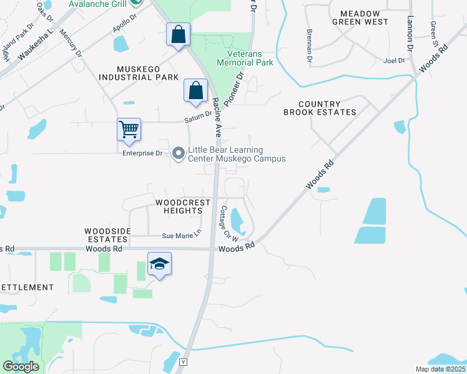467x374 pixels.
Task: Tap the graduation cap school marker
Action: [x=159, y=264]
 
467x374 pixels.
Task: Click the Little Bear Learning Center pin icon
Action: [x=179, y=153]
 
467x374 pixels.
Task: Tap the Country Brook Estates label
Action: [x=320, y=108]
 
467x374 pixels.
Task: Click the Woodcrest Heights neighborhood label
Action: [x=179, y=207]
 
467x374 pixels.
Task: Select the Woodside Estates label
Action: [x=108, y=235]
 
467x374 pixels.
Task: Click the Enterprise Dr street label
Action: [x=142, y=153]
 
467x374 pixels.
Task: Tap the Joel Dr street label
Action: [x=395, y=61]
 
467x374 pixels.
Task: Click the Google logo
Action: [x=21, y=367]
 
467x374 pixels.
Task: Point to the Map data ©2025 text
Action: [x=440, y=369]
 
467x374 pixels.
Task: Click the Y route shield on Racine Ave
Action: [x=183, y=362]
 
